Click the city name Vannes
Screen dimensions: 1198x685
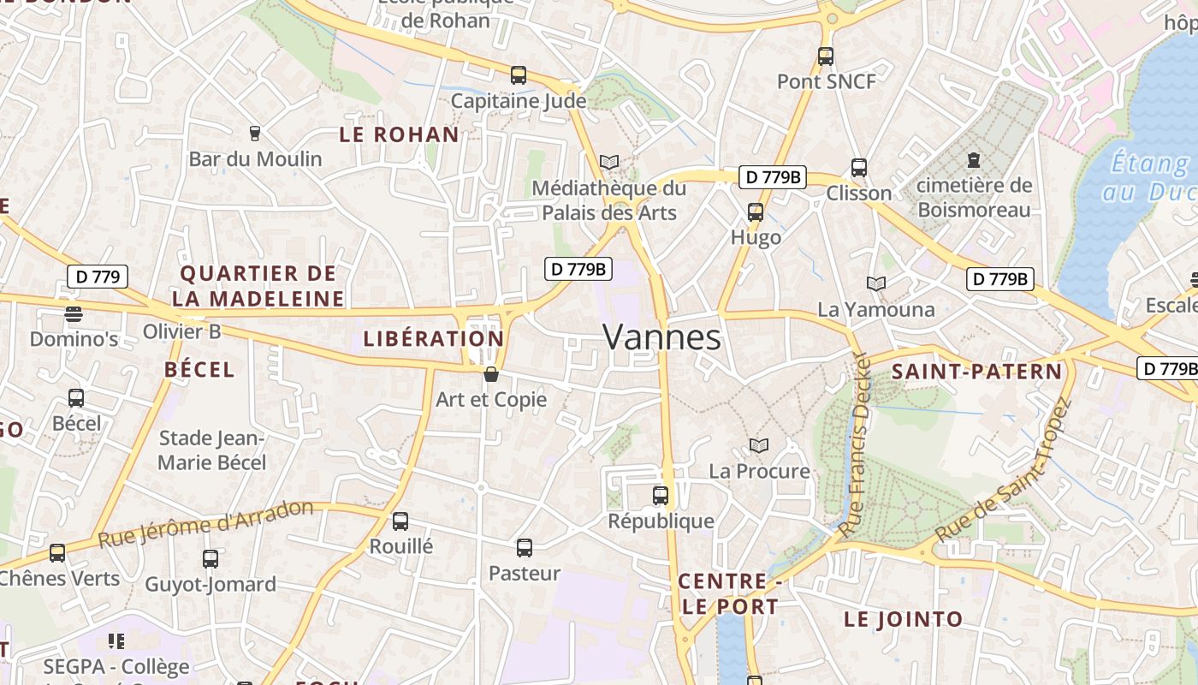(x=661, y=337)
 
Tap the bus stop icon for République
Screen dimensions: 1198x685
(x=661, y=495)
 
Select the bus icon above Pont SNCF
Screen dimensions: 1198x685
(x=825, y=57)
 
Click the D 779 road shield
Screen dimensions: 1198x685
(x=98, y=277)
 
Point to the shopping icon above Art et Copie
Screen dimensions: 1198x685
(x=491, y=374)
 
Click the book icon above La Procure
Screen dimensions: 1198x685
(x=758, y=445)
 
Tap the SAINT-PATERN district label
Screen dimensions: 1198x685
(x=976, y=372)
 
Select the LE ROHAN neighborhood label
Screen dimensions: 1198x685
(x=400, y=134)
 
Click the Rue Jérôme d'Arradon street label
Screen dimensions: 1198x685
(x=206, y=523)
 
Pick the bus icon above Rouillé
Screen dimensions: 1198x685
(x=400, y=521)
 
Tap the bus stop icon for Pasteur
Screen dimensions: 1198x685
(x=525, y=548)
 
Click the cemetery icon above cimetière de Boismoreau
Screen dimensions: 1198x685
(x=973, y=159)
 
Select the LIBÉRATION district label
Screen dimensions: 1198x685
(x=434, y=338)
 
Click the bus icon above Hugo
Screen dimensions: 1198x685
(x=756, y=211)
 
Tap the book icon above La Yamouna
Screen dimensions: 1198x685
(x=875, y=283)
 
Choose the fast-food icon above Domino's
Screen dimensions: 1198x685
(x=74, y=314)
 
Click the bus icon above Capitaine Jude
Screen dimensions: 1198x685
(x=519, y=74)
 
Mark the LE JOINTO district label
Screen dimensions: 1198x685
(x=904, y=619)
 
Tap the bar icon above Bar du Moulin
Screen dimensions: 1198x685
(x=254, y=134)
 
